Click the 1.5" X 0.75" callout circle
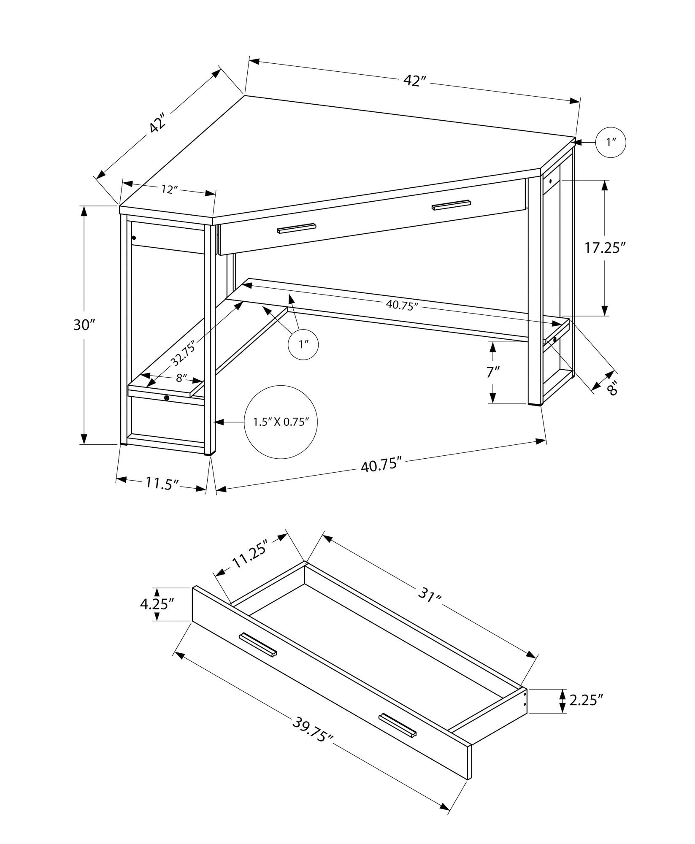click(x=281, y=422)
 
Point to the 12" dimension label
click(x=168, y=190)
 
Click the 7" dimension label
click(x=492, y=372)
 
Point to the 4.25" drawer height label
click(x=157, y=604)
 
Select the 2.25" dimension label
click(x=585, y=701)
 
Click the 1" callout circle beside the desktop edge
click(x=610, y=143)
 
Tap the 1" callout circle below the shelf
click(x=303, y=345)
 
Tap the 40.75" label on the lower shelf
click(x=401, y=305)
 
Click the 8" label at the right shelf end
click(x=612, y=387)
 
